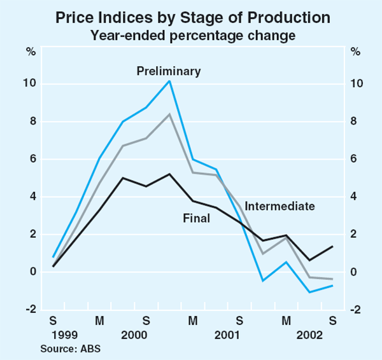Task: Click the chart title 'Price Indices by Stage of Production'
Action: [191, 17]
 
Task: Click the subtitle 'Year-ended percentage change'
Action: [191, 36]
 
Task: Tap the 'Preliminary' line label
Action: [169, 71]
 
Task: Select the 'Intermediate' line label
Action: [279, 206]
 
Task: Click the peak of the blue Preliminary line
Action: [169, 81]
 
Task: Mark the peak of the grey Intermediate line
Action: [169, 114]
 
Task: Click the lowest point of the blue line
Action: [309, 293]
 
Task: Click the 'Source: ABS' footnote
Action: [70, 349]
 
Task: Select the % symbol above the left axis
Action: [30, 52]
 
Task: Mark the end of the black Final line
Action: [332, 247]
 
